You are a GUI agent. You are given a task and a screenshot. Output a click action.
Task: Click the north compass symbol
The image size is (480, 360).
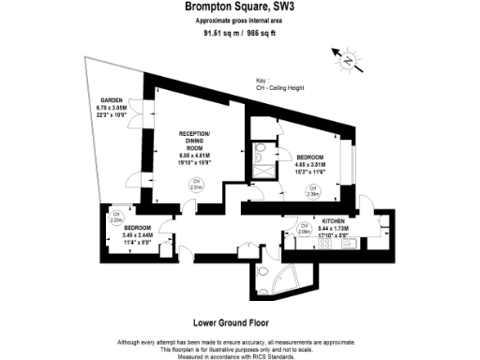351,60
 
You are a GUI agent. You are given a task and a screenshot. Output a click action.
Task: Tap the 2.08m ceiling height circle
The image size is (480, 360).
304,228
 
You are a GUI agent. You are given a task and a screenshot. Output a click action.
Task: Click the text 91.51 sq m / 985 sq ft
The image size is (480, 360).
240,32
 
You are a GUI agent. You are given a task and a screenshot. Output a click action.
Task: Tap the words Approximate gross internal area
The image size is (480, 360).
240,21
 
